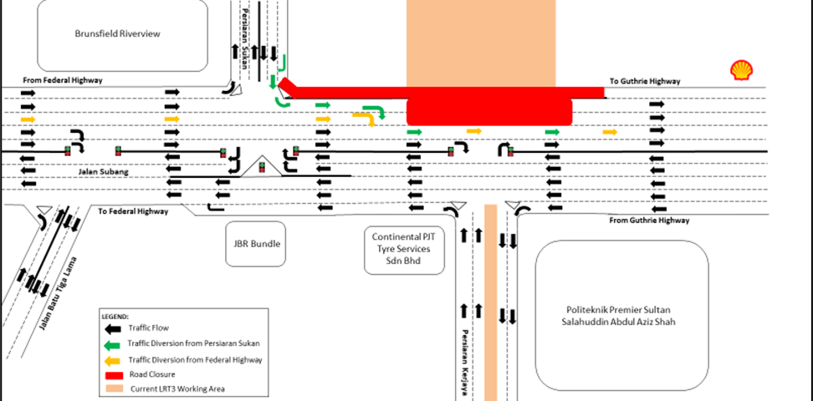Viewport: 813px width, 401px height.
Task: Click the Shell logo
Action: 740,70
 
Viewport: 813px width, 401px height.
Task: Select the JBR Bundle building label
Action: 256,244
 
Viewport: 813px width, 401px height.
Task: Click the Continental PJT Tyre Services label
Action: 405,249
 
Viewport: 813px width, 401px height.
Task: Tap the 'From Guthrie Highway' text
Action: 649,221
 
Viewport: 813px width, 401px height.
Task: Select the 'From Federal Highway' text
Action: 64,80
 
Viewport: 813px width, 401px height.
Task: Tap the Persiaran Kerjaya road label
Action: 462,364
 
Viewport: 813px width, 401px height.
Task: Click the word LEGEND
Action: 115,317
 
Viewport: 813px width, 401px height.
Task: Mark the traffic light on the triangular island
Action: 262,166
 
